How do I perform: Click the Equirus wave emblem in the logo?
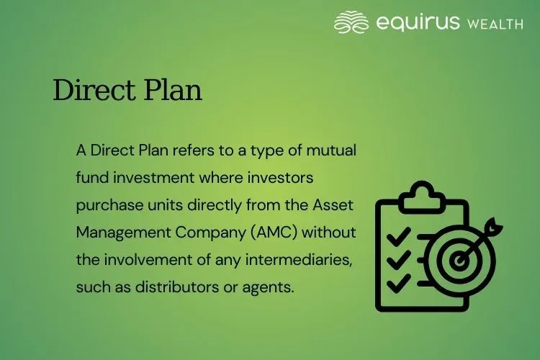(351, 22)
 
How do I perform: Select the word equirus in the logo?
(418, 22)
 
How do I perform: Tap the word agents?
(270, 287)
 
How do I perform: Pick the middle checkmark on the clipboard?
(399, 258)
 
